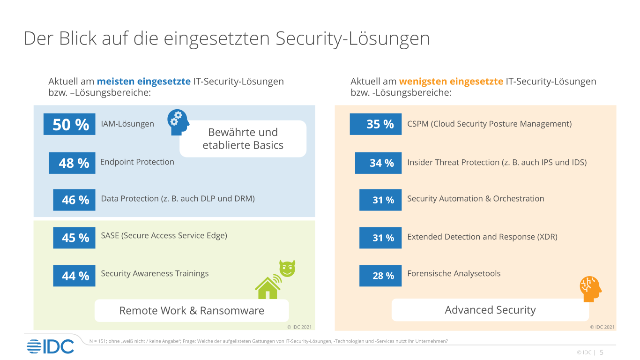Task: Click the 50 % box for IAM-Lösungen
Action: [69, 124]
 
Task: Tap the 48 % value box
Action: [72, 163]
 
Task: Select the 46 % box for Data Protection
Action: [74, 200]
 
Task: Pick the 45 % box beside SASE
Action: [74, 238]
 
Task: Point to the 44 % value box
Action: [74, 276]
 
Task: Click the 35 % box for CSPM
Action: [376, 124]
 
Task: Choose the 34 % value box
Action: [379, 163]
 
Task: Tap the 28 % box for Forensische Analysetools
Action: [380, 276]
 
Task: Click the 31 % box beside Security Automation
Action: [380, 200]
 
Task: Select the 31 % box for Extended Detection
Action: [380, 238]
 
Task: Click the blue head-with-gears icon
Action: [178, 122]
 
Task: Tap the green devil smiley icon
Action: [287, 268]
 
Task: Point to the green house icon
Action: [268, 287]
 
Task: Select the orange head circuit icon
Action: [590, 289]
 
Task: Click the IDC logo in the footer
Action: [51, 346]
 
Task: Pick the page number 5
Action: [602, 352]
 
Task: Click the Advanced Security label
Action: [490, 310]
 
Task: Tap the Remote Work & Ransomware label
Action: [192, 310]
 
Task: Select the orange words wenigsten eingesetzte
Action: [451, 82]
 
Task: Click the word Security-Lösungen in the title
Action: [352, 38]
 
